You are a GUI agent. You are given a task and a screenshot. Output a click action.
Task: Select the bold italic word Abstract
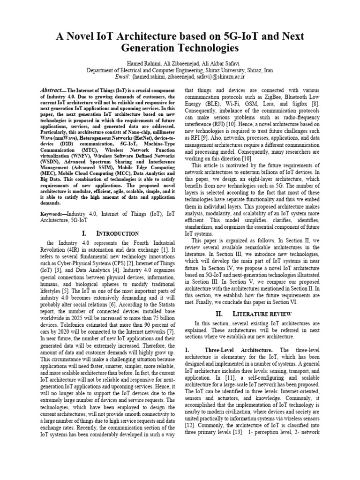tap(52, 90)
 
